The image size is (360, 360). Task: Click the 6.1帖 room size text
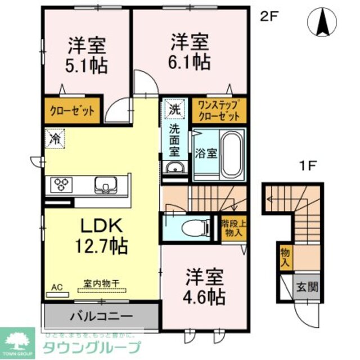pyautogui.click(x=190, y=62)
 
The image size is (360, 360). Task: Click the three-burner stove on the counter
pyautogui.click(x=61, y=184)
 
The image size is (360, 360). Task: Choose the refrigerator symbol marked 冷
pyautogui.click(x=56, y=137)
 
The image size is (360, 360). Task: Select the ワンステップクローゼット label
pyautogui.click(x=219, y=110)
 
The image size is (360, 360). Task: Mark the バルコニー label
pyautogui.click(x=101, y=316)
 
